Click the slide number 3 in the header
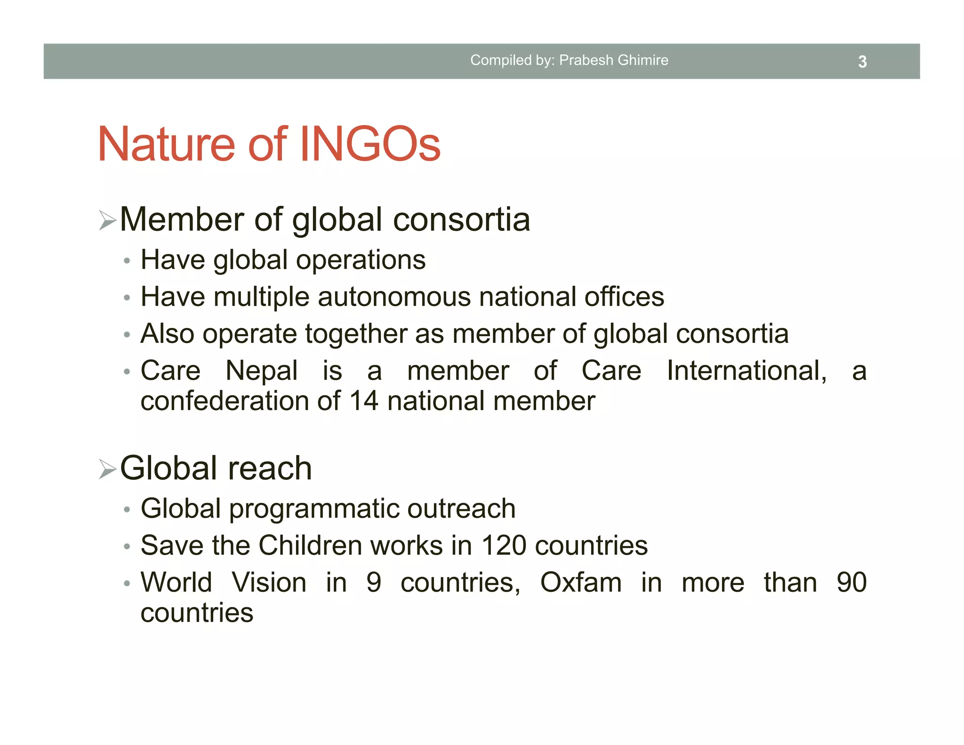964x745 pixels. [x=862, y=62]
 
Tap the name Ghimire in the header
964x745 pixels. [x=643, y=60]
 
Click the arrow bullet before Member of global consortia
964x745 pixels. [x=107, y=220]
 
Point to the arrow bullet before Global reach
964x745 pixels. [x=107, y=469]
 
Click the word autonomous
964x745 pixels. [x=394, y=297]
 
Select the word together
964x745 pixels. [x=355, y=334]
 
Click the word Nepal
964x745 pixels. [x=261, y=371]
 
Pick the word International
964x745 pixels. [x=747, y=371]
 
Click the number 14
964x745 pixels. [x=363, y=401]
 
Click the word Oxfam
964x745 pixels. [x=580, y=583]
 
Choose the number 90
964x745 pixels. [x=852, y=583]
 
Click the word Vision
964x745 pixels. [x=269, y=583]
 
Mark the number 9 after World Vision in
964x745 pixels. [x=374, y=583]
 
